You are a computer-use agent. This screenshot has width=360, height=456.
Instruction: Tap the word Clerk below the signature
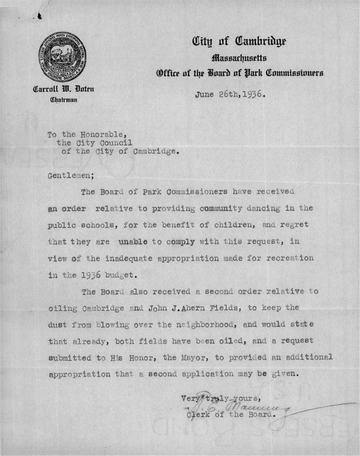(199, 414)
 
